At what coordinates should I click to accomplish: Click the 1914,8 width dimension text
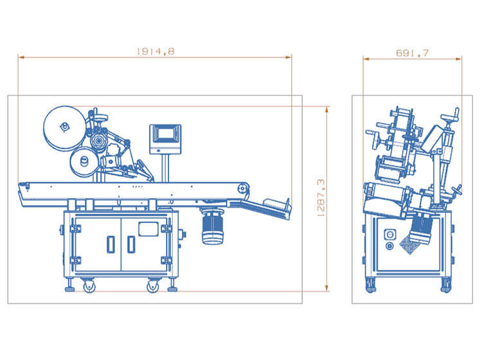pyautogui.click(x=156, y=51)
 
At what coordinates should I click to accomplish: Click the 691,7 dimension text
pyautogui.click(x=412, y=53)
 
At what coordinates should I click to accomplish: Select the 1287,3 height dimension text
pyautogui.click(x=320, y=198)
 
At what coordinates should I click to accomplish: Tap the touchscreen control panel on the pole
pyautogui.click(x=165, y=139)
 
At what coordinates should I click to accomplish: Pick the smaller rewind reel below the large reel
pyautogui.click(x=84, y=162)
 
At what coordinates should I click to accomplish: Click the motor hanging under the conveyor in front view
pyautogui.click(x=213, y=227)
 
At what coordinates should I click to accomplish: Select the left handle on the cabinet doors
pyautogui.click(x=111, y=244)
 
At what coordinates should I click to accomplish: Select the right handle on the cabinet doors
pyautogui.click(x=131, y=244)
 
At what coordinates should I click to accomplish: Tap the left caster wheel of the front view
pyautogui.click(x=89, y=286)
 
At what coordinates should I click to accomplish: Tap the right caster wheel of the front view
pyautogui.click(x=153, y=286)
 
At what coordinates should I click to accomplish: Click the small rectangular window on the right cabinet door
pyautogui.click(x=148, y=229)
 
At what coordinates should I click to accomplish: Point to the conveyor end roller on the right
pyautogui.click(x=242, y=188)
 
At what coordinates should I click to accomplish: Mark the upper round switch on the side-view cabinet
pyautogui.click(x=390, y=234)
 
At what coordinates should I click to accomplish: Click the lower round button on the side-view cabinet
pyautogui.click(x=389, y=246)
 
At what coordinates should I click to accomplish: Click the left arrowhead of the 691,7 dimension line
pyautogui.click(x=366, y=59)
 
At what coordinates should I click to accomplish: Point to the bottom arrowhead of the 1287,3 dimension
pyautogui.click(x=326, y=288)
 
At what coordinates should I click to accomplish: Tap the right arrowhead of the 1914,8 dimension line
pyautogui.click(x=289, y=57)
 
